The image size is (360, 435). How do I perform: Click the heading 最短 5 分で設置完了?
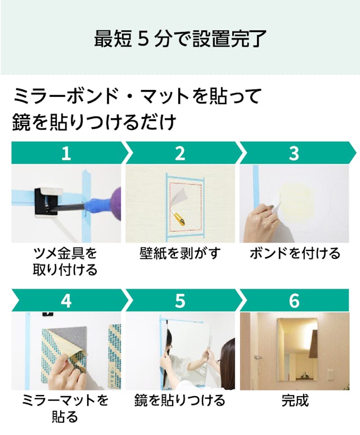(180, 39)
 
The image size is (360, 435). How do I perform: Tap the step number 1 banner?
(69, 153)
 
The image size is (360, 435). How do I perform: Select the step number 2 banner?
(183, 153)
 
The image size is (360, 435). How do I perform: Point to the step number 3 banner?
(297, 153)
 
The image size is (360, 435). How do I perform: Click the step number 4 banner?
(69, 300)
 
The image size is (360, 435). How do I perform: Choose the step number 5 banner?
(183, 300)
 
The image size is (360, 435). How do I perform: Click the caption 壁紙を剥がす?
(180, 253)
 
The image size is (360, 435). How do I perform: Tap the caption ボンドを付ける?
(295, 253)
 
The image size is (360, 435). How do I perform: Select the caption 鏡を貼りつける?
(180, 400)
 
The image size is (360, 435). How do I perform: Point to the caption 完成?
(295, 400)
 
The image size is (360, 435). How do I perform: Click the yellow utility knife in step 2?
(179, 218)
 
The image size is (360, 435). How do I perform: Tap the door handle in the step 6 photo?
(258, 357)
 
